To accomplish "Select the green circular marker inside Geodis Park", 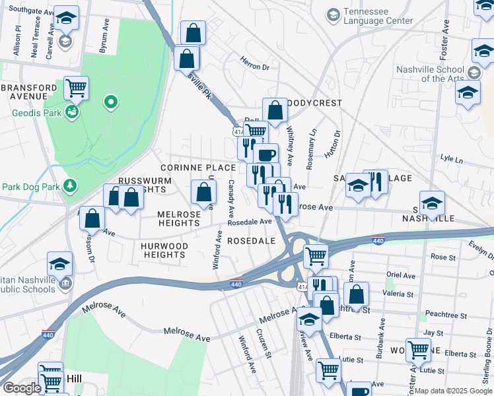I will (x=111, y=102).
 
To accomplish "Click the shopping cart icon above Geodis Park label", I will (x=77, y=86).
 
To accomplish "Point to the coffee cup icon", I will (x=265, y=155).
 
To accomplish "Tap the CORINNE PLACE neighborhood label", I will (x=198, y=168).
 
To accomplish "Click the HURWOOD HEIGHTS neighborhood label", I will (x=165, y=250).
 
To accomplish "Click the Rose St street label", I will (x=439, y=256).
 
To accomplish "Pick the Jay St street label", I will (x=433, y=333).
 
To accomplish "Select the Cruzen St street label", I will (x=265, y=344).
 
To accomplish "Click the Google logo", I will (x=22, y=388).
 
